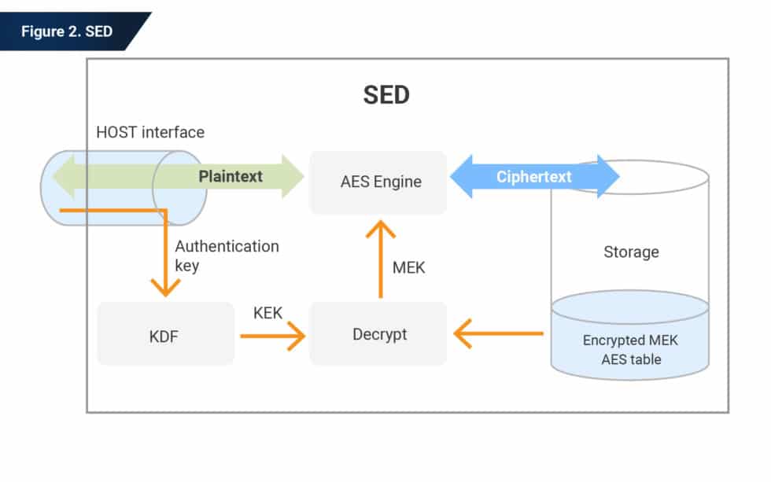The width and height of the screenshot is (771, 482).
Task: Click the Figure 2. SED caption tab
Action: (x=67, y=31)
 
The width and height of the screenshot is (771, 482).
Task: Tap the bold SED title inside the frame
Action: (x=386, y=95)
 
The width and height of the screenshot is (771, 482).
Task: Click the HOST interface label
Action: (x=150, y=132)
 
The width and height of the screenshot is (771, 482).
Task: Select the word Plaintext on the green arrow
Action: (x=231, y=176)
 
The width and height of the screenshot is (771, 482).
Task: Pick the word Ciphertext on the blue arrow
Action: (x=534, y=176)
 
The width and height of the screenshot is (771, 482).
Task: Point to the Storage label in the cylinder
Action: (x=631, y=252)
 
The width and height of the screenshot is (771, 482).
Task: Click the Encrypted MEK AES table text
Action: (x=631, y=350)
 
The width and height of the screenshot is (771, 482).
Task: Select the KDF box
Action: (x=165, y=336)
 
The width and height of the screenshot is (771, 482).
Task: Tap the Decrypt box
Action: (x=378, y=334)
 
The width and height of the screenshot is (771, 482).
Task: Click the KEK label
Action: (x=267, y=313)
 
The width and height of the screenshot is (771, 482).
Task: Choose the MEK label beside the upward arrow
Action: (x=408, y=267)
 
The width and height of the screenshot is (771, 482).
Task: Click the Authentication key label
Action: (x=227, y=256)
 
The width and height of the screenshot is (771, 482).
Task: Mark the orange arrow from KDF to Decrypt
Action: (x=272, y=337)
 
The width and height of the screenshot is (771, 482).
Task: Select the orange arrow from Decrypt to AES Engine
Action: (x=381, y=259)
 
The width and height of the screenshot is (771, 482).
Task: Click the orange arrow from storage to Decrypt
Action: (x=499, y=333)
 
